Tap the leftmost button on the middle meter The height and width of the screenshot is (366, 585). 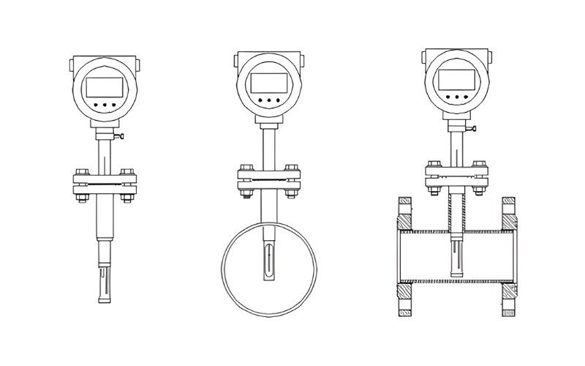tap(258, 100)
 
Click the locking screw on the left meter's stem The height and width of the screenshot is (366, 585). tap(120, 136)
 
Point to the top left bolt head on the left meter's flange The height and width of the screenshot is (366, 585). tap(80, 172)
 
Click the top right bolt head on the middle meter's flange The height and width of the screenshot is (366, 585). tap(292, 168)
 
